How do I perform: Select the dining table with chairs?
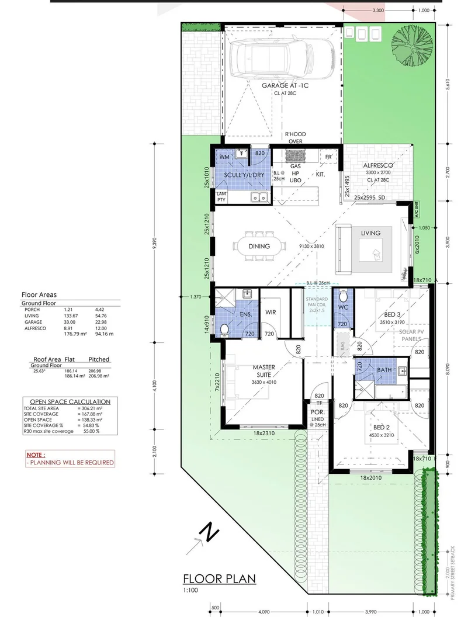click(259, 246)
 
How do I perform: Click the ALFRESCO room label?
click(376, 166)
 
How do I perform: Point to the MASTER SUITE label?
click(264, 371)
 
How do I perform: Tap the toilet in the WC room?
click(342, 296)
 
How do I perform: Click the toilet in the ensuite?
click(224, 330)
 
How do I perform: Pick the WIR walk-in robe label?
click(271, 313)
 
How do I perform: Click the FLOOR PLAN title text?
click(219, 579)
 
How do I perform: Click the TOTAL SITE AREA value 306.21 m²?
click(91, 408)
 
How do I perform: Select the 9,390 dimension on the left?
click(155, 246)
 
